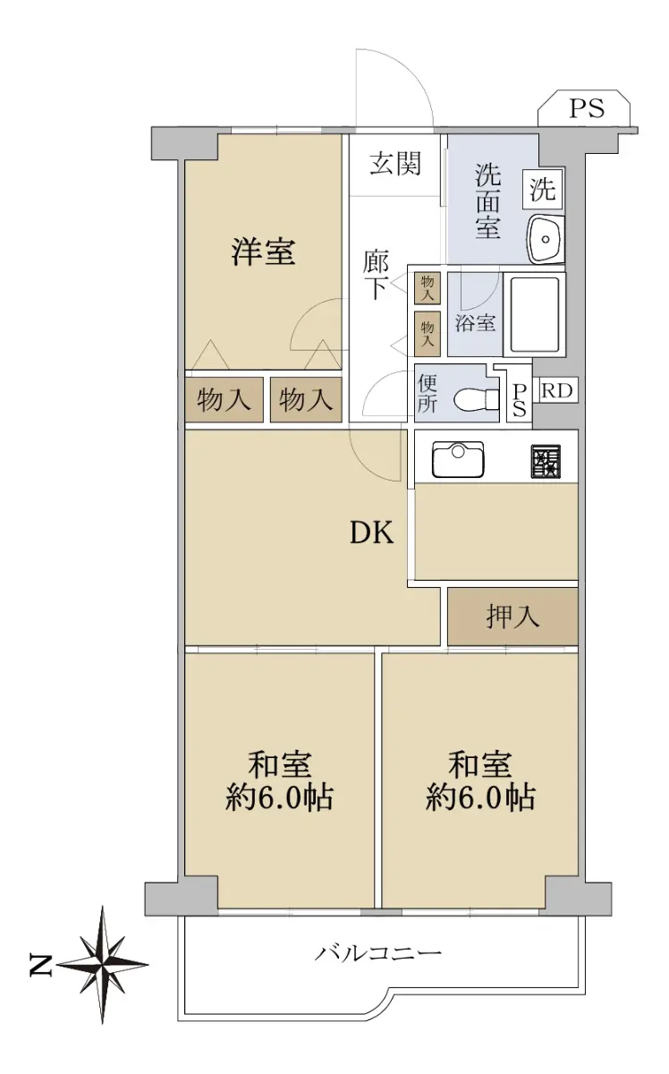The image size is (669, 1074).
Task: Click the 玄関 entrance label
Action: click(395, 164)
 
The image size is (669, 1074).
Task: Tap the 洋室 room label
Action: click(263, 251)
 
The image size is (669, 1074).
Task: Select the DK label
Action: click(372, 533)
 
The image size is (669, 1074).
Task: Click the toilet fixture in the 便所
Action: click(477, 399)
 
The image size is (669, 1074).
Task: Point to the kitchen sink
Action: click(458, 460)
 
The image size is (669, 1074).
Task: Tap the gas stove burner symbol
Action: click(546, 461)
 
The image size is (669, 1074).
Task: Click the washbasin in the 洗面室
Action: click(546, 239)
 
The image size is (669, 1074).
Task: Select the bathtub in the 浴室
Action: click(535, 314)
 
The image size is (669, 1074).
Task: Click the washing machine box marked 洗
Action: click(543, 189)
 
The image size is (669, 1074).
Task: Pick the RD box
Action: click(556, 391)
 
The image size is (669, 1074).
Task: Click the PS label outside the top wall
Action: click(587, 108)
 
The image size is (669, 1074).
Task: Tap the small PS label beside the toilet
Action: click(520, 400)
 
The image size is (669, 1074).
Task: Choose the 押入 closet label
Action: click(512, 617)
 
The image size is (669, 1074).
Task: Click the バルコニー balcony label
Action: click(378, 950)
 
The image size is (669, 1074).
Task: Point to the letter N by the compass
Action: click(40, 964)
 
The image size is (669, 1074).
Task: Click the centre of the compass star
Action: click(103, 964)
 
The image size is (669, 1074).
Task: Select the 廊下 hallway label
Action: click(376, 275)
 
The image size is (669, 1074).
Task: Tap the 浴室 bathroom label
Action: click(475, 323)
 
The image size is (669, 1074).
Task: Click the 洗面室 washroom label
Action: click(487, 201)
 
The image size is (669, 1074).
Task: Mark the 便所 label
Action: click(427, 394)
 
